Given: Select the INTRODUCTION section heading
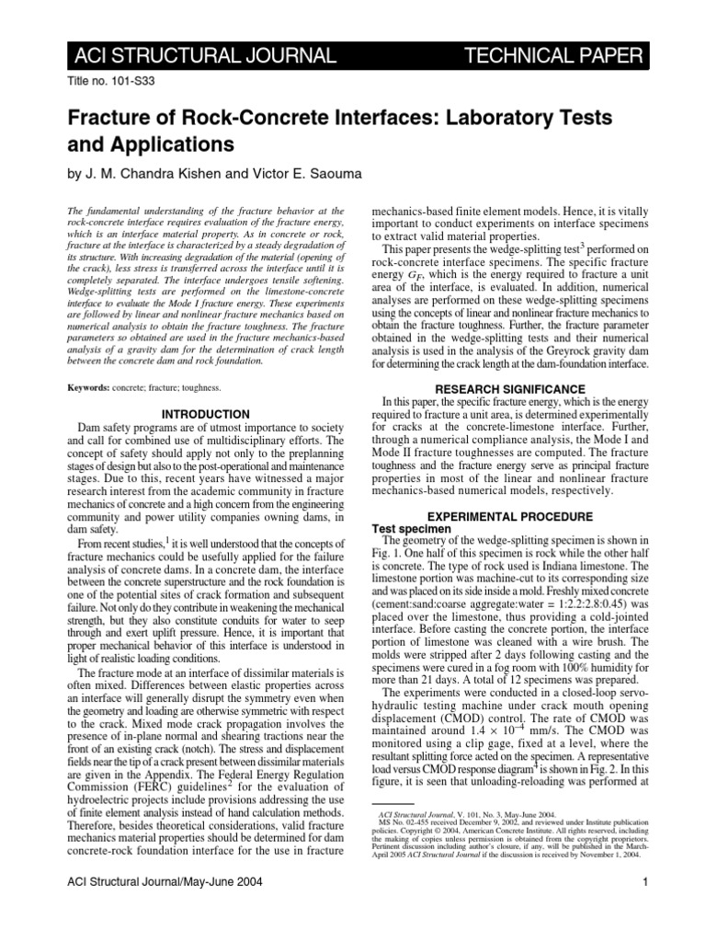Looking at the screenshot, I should click(x=205, y=415).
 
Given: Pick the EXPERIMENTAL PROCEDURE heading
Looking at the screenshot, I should click(x=509, y=516).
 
